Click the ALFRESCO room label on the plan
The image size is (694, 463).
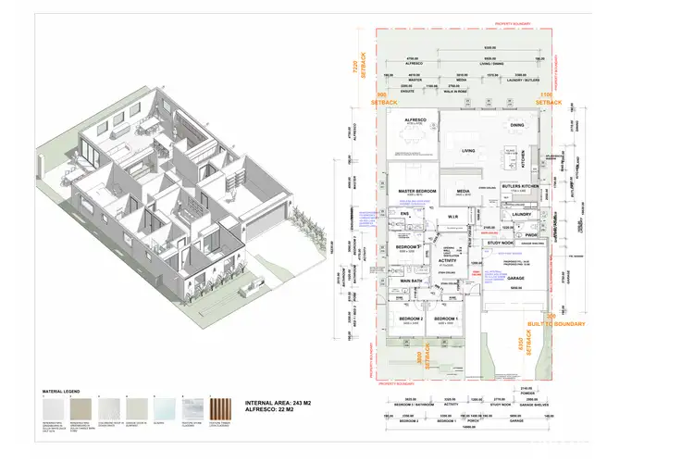[410, 120]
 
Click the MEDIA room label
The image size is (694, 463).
[463, 192]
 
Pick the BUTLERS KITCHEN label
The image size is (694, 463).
[518, 187]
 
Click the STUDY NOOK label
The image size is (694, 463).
[500, 244]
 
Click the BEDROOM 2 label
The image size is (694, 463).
[410, 319]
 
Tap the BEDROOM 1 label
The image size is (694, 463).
[445, 319]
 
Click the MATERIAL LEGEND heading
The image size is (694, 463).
[57, 393]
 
